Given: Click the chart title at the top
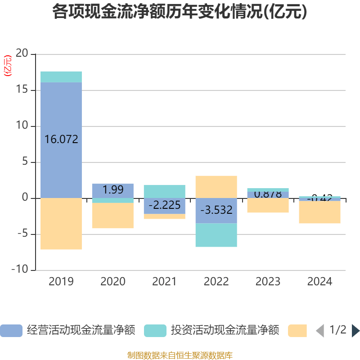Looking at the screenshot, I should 180,12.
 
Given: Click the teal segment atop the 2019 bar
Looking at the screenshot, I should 61,76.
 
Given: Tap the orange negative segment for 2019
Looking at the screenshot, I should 61,224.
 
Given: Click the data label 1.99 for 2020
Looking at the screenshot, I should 113,190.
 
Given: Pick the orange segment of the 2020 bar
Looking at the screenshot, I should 113,216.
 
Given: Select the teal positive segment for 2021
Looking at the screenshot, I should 165,191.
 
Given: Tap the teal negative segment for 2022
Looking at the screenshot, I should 216,235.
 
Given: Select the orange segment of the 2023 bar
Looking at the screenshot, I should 268,205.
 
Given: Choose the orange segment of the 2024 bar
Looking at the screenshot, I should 320,212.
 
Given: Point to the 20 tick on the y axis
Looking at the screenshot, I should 22,54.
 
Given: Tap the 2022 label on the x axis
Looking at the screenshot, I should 216,282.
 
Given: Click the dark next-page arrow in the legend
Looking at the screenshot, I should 355,331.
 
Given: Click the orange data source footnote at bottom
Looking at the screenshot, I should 180,355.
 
